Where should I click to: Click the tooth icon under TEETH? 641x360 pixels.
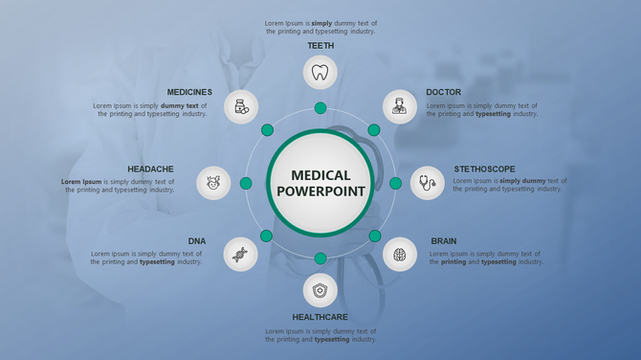click(x=320, y=72)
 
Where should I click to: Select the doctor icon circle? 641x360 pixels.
click(x=400, y=106)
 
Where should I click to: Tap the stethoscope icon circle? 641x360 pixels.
click(x=427, y=182)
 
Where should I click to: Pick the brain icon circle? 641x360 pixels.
click(x=400, y=254)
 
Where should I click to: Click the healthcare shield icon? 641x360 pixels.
click(x=320, y=290)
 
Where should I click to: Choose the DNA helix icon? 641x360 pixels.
click(x=240, y=255)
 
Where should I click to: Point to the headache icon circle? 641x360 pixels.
click(x=213, y=182)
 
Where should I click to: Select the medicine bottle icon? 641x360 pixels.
click(x=241, y=106)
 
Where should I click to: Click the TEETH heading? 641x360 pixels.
click(x=320, y=45)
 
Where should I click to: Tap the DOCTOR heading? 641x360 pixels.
click(x=443, y=93)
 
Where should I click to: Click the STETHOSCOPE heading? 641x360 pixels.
click(x=484, y=169)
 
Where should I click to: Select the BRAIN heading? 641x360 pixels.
click(x=443, y=241)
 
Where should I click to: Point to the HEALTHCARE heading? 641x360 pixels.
click(x=320, y=317)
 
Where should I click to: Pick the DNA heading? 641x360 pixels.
click(x=197, y=241)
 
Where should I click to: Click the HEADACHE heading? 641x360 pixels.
click(x=150, y=169)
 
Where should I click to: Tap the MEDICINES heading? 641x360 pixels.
click(x=189, y=93)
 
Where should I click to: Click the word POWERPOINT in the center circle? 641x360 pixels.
click(x=320, y=191)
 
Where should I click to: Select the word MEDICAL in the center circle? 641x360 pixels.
click(x=320, y=175)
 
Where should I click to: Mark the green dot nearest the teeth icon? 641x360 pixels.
click(x=320, y=108)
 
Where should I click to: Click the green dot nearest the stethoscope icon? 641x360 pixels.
click(x=395, y=183)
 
